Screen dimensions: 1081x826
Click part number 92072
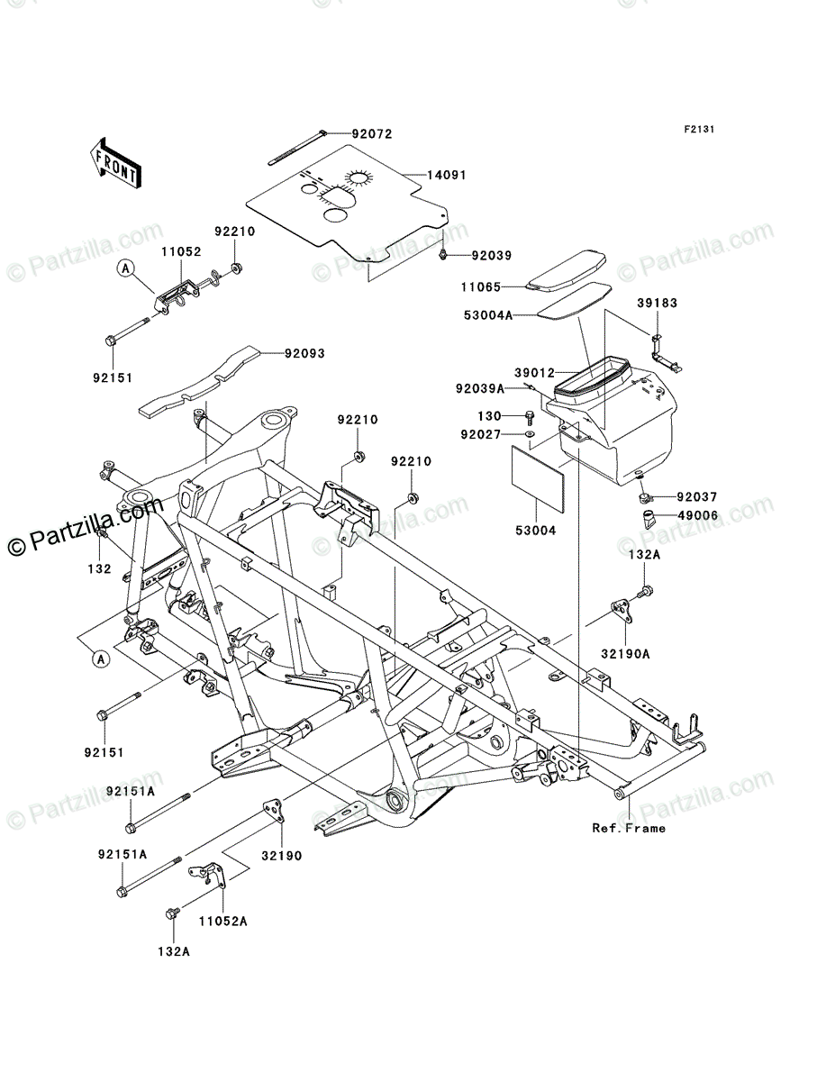tap(371, 133)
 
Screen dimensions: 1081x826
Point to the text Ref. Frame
tap(629, 828)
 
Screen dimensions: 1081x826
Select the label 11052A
tap(222, 922)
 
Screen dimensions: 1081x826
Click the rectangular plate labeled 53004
tap(538, 486)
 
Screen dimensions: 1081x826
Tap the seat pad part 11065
tap(568, 268)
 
